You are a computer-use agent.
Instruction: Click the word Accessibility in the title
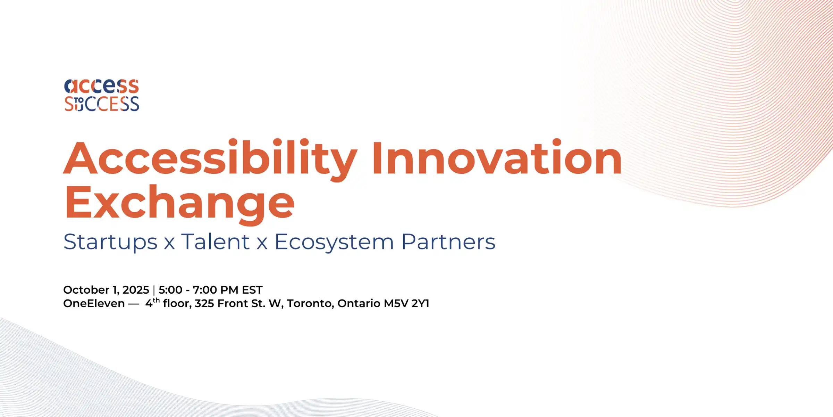210,158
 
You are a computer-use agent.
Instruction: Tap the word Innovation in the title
497,158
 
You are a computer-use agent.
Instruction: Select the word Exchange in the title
179,203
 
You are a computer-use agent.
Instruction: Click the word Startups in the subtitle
110,242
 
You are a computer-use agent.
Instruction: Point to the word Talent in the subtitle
215,242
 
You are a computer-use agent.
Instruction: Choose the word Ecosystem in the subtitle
334,242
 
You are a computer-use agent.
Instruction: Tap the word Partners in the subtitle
448,242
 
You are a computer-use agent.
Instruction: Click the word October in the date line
86,290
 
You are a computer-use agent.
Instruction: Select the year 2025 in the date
136,290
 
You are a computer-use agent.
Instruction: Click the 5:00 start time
170,290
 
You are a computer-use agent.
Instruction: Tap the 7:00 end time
204,290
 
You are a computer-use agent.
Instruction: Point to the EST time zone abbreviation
252,290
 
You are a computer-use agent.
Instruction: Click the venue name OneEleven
94,304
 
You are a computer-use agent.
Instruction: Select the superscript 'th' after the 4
156,300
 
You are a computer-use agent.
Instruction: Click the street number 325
204,304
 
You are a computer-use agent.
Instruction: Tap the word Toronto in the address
310,304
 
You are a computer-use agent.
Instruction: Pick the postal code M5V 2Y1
406,304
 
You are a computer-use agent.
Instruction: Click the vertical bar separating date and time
154,290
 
